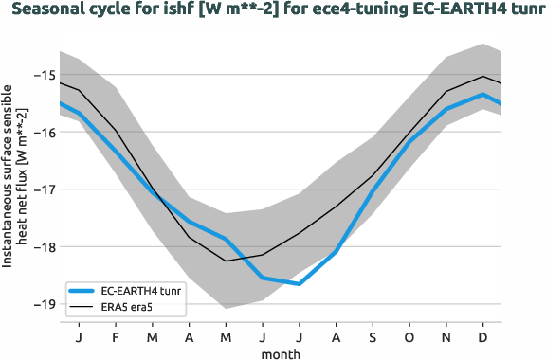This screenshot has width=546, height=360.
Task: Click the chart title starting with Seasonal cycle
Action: click(275, 11)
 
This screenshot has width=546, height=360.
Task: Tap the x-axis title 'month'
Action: click(282, 353)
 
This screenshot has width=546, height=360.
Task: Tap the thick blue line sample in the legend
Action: click(82, 291)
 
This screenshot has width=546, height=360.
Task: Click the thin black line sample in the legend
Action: click(82, 306)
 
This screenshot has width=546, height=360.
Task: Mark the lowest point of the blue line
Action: click(300, 283)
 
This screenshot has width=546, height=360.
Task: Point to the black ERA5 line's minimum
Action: click(226, 261)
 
